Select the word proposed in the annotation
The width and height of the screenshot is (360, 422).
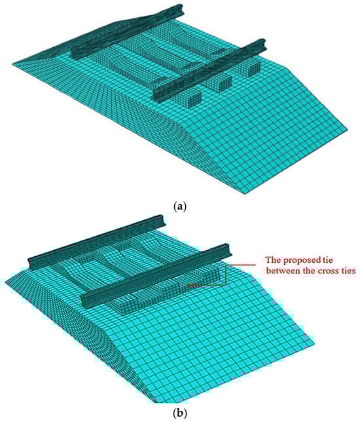point(302,261)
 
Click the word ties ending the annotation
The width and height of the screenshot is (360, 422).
point(349,271)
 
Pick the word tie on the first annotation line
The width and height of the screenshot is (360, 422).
point(327,260)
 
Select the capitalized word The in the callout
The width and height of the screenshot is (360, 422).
point(274,260)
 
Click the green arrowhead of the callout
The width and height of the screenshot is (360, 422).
point(190,285)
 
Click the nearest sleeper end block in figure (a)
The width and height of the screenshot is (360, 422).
point(190,98)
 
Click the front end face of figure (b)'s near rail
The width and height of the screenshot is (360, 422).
point(86,301)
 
